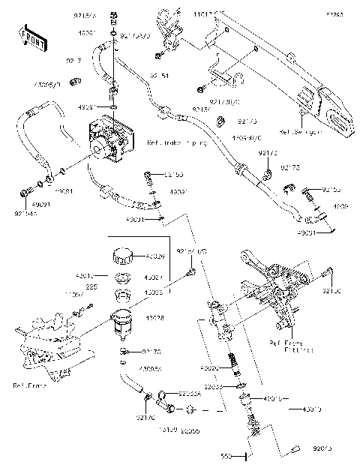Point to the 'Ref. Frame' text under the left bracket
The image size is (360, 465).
click(x=28, y=385)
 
